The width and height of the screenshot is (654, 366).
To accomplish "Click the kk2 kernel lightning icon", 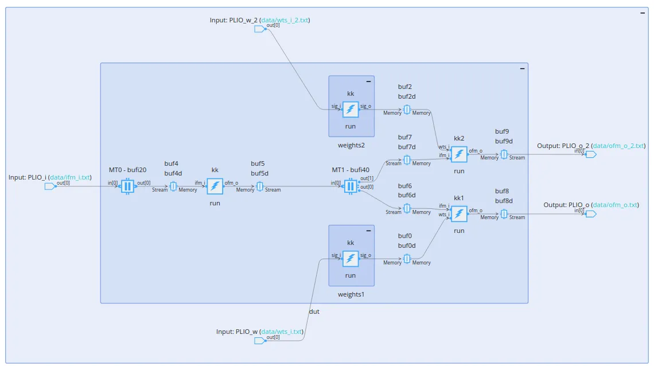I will (459, 154).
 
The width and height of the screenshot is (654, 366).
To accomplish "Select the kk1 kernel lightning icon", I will (459, 214).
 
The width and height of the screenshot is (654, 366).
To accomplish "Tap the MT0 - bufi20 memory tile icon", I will (127, 186).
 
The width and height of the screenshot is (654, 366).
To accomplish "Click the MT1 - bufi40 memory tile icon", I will (351, 186).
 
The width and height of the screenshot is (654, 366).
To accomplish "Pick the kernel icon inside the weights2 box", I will (351, 109).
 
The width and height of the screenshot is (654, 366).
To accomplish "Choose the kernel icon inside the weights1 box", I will (351, 259).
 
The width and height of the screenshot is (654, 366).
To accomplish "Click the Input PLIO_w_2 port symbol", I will (260, 29).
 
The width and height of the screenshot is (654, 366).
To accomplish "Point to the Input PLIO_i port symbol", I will (50, 186).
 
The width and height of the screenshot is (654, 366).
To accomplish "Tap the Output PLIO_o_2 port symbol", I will (590, 154).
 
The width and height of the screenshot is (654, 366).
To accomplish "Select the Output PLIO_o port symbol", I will (590, 214).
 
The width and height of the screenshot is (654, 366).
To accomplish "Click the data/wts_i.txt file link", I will (282, 332).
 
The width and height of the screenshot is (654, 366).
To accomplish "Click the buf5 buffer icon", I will (259, 186).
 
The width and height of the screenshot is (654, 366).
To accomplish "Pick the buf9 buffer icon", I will (503, 154).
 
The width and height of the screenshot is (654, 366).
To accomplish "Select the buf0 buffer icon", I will (407, 259).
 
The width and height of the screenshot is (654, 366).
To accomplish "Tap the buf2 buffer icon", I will (407, 109).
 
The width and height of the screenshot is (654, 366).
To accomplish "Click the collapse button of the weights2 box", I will (368, 81).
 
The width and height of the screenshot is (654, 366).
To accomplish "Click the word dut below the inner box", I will (314, 312).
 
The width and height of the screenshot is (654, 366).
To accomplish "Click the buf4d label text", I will (173, 173).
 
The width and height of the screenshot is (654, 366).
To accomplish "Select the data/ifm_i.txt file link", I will (70, 177).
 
